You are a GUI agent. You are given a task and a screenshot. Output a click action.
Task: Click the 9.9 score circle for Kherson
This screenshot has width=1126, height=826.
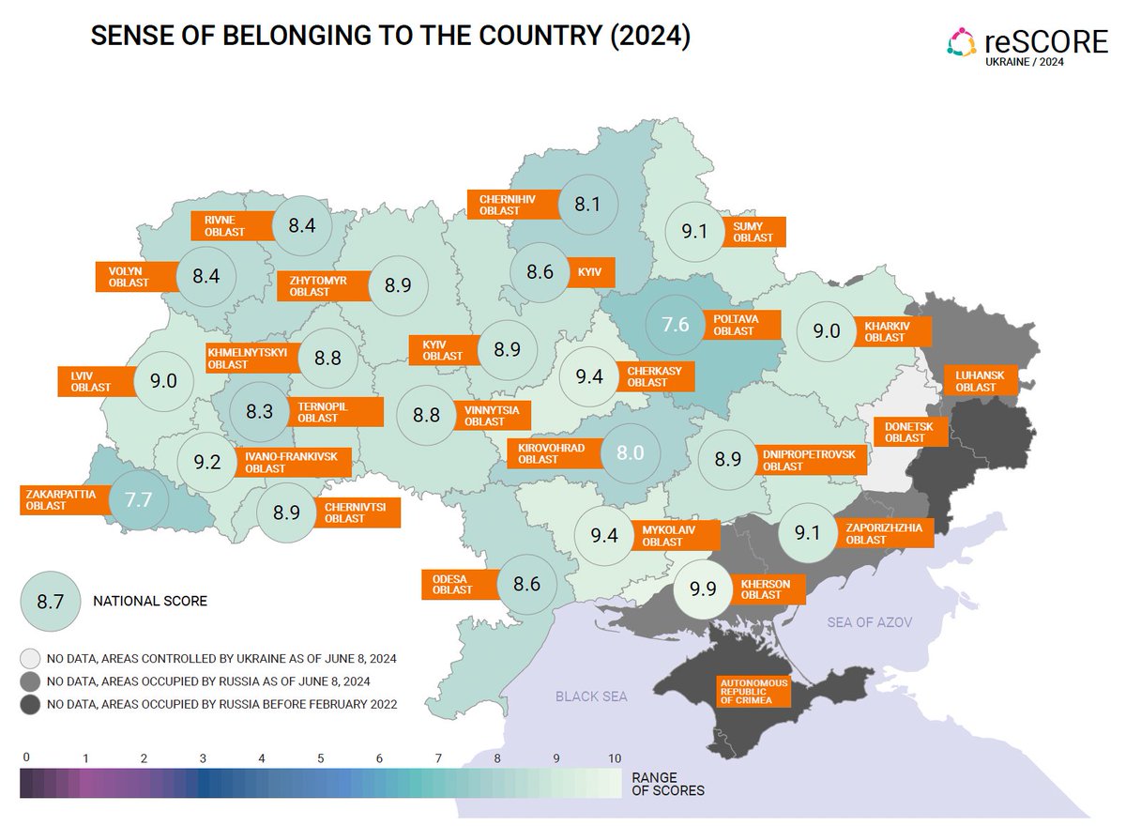(x=703, y=589)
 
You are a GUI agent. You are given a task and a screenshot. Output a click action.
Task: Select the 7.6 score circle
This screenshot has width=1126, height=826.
(x=676, y=325)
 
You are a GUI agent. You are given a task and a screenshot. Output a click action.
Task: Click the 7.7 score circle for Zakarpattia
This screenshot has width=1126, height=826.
(x=138, y=499)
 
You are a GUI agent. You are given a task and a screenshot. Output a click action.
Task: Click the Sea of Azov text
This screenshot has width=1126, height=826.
(x=869, y=622)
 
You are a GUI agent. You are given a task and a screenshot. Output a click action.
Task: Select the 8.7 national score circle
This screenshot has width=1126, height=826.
(x=49, y=601)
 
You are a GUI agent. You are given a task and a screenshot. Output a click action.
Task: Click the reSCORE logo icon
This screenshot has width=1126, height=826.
(x=962, y=42)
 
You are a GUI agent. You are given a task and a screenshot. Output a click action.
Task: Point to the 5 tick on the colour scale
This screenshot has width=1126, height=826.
(x=321, y=758)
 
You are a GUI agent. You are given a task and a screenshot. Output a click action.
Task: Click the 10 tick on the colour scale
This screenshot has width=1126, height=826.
(x=615, y=758)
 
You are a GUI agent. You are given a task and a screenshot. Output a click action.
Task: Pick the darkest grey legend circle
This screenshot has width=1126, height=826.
(x=31, y=704)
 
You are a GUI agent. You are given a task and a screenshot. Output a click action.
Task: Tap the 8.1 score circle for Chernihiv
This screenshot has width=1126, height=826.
(x=586, y=204)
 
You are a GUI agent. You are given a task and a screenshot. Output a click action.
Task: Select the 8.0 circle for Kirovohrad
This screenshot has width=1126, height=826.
(x=629, y=452)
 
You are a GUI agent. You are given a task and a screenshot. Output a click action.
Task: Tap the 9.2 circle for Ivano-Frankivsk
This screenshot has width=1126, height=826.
(x=207, y=462)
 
